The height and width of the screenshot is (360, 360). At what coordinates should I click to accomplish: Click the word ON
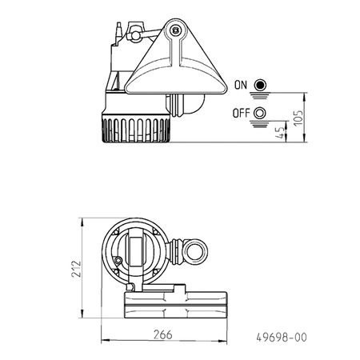point(240,84)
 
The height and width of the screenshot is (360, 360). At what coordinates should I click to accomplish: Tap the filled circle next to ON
point(259,84)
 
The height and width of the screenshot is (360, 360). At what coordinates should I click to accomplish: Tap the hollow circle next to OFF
point(259,112)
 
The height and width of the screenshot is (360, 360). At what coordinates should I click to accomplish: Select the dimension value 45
point(278,132)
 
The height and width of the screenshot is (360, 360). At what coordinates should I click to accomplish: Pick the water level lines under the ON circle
point(259,95)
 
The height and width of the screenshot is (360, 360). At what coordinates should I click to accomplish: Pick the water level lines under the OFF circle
point(259,123)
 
